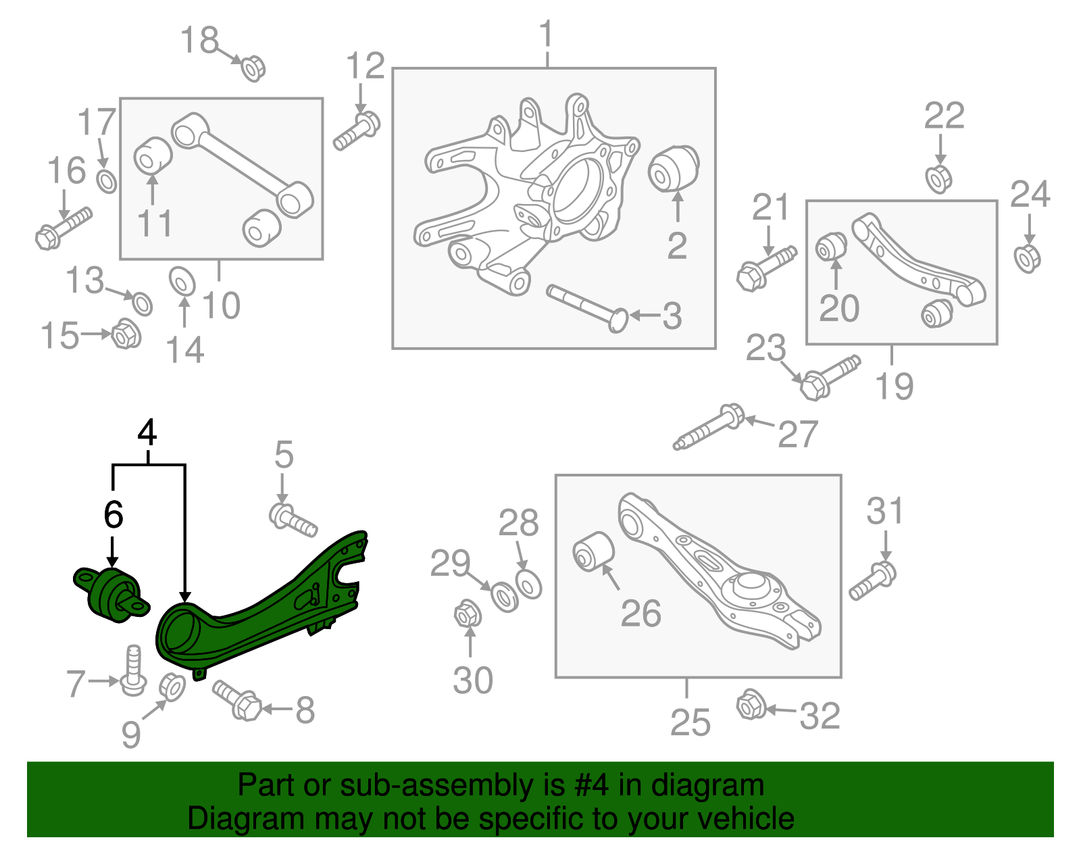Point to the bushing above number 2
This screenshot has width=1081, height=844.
pos(673,168)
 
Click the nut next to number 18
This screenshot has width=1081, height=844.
pos(253,68)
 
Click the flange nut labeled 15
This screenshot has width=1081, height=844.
pos(125,333)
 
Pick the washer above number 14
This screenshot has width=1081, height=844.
pos(181,281)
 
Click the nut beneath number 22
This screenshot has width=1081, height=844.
pos(938,178)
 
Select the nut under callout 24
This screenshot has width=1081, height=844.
pos(1027,258)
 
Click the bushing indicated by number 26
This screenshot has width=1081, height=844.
pos(593,551)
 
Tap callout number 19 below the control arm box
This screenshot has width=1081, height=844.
pos(893,386)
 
